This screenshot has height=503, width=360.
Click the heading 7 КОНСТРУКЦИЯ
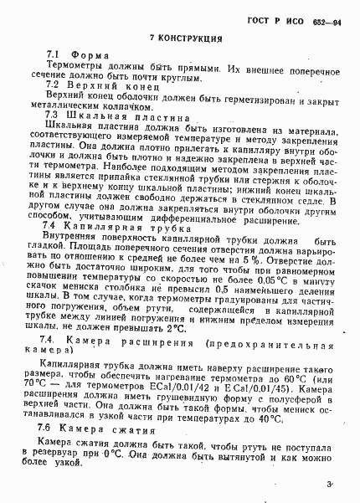coord(185,38)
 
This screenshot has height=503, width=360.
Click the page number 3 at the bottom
coord(330,483)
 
